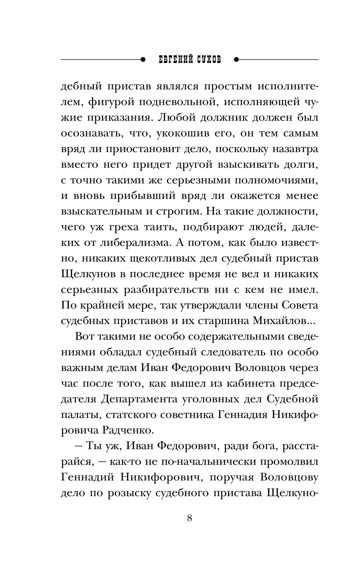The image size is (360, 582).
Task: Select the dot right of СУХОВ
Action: [237, 59]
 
